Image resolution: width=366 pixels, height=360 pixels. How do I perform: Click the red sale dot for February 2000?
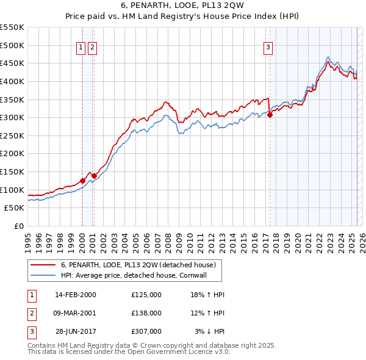pyautogui.click(x=82, y=181)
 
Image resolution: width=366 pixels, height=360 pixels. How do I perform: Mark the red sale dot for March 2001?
pyautogui.click(x=94, y=176)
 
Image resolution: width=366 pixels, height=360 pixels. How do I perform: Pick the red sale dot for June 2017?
pyautogui.click(x=270, y=115)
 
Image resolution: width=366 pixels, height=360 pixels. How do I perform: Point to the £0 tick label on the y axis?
pyautogui.click(x=18, y=226)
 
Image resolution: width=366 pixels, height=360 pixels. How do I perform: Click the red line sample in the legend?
pyautogui.click(x=43, y=265)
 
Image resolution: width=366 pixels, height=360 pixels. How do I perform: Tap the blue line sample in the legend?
pyautogui.click(x=43, y=276)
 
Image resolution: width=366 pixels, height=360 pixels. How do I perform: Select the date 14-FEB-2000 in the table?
pyautogui.click(x=75, y=295)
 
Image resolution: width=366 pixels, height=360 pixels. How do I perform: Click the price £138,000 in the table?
pyautogui.click(x=146, y=312)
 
